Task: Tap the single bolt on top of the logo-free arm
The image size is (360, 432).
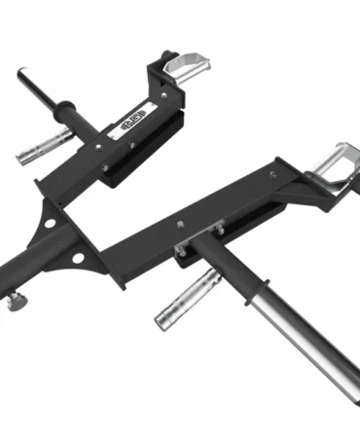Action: click(182, 225)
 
